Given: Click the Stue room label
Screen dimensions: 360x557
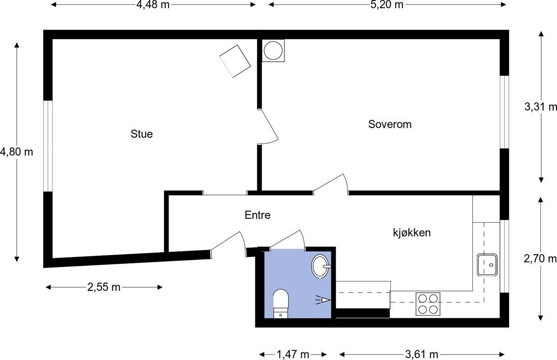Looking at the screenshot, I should click(142, 135).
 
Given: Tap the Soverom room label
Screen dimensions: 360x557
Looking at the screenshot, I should click(390, 124).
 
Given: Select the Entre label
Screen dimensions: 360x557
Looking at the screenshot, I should click(257, 215).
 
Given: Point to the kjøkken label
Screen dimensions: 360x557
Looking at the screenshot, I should click(412, 232).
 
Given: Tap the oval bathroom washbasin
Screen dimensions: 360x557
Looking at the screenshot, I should click(320, 266).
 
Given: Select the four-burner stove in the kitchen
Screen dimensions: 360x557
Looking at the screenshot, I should click(427, 304).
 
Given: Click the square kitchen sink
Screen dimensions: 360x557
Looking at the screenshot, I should click(486, 265).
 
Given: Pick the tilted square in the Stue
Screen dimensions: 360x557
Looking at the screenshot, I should click(235, 61).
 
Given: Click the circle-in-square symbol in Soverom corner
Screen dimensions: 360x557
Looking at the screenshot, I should click(273, 51).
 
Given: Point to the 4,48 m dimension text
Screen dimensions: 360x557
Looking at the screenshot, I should click(153, 5).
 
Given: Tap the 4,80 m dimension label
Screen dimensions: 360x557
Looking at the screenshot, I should click(17, 152).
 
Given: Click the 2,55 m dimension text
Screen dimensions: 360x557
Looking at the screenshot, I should click(104, 287).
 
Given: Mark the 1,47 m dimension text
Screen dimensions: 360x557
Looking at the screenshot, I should click(293, 355).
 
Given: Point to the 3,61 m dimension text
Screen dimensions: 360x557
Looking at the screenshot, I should click(421, 355).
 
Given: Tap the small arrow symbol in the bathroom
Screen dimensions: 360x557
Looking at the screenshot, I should click(324, 300).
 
